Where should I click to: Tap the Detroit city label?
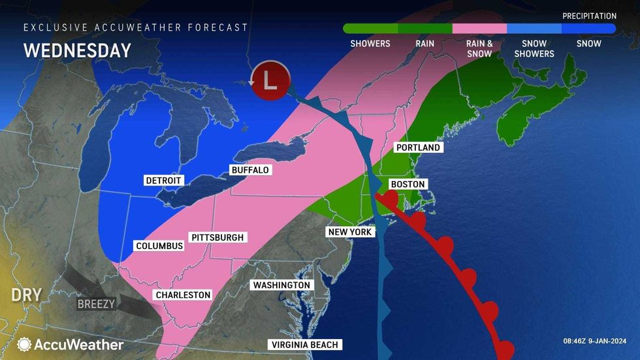coord(163,180)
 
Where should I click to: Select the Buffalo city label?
coord(250,170)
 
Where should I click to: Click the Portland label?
coord(419,148)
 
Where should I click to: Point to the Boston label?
coord(408,184)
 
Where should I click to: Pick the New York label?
coord(350,232)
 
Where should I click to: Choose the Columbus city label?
coord(159,246)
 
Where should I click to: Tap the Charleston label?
coord(183,295)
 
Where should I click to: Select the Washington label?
coord(281,286)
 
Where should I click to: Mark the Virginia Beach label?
coord(305,345)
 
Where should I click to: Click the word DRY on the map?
coord(26,295)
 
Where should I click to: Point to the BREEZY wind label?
coord(97,304)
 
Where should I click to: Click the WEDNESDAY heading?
coord(77,50)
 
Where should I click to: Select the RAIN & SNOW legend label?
coord(479,49)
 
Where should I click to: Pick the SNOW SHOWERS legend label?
coord(534,49)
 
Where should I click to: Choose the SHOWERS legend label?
coord(370,44)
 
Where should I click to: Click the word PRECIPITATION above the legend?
coord(589,16)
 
